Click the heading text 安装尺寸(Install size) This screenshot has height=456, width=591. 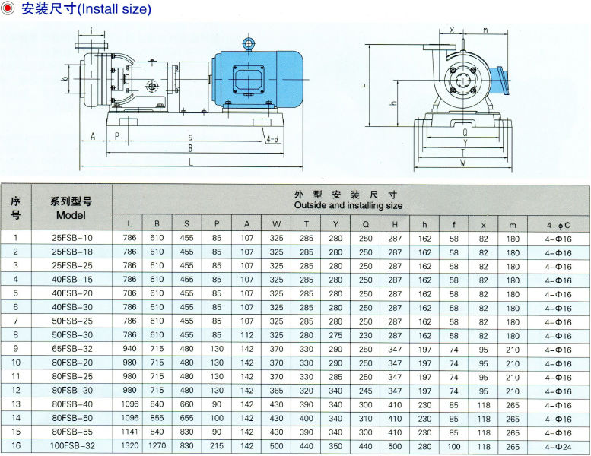pyautogui.click(x=85, y=9)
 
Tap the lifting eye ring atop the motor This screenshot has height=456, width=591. pyautogui.click(x=248, y=44)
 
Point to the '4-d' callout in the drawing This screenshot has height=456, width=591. pyautogui.click(x=272, y=138)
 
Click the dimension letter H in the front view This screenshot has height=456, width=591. pyautogui.click(x=365, y=85)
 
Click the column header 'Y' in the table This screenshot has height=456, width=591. pyautogui.click(x=335, y=224)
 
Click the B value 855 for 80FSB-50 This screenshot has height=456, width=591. pyautogui.click(x=157, y=418)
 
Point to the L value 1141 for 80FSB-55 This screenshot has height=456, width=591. pyautogui.click(x=129, y=432)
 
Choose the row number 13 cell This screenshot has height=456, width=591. pyautogui.click(x=15, y=404)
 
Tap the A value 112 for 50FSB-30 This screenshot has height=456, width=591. pyautogui.click(x=246, y=335)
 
